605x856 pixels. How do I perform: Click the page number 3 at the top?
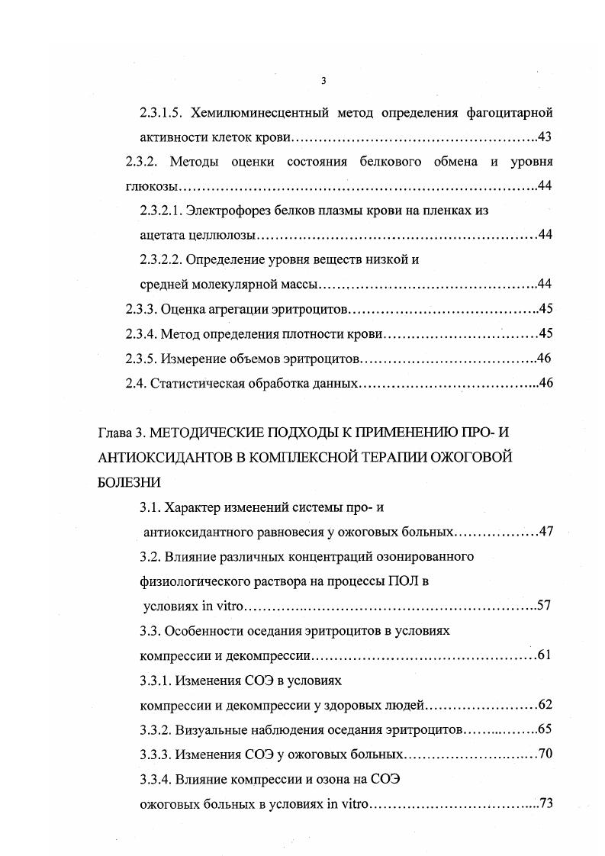(323, 82)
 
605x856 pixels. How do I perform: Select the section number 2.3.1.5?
(161, 114)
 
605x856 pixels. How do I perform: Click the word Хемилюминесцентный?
(260, 114)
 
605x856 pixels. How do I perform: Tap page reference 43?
(545, 137)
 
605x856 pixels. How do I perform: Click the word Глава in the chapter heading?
(114, 433)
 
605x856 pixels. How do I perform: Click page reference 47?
(545, 532)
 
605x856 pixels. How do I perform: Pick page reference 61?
(544, 655)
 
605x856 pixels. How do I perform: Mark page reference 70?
(545, 755)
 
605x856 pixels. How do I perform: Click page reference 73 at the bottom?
(545, 803)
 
